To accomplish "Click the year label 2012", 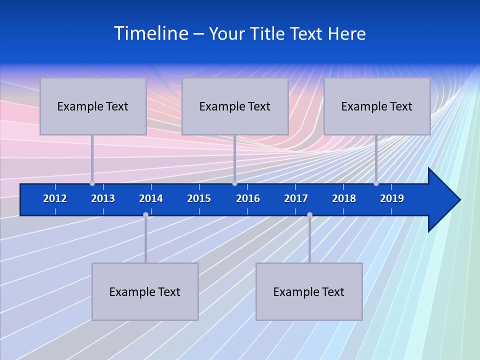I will [x=55, y=198].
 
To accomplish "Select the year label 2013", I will [x=103, y=198].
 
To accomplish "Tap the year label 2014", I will [x=151, y=198].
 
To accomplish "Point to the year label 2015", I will [x=199, y=198].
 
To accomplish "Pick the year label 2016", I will [x=248, y=198].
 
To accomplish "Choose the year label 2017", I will [x=296, y=198].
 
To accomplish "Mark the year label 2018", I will [x=344, y=198].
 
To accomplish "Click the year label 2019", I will [x=392, y=198].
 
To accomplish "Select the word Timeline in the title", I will [x=151, y=33].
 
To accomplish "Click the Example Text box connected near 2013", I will [x=93, y=106].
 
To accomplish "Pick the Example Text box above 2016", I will [x=235, y=106].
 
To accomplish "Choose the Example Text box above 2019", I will [x=377, y=106].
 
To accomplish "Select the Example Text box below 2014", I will [x=145, y=291].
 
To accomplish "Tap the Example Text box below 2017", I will [x=309, y=291].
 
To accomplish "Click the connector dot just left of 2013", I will [x=92, y=183].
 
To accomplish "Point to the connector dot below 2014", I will [x=145, y=214].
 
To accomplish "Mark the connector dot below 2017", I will [x=309, y=214].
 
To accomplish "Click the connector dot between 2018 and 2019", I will [x=376, y=183].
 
